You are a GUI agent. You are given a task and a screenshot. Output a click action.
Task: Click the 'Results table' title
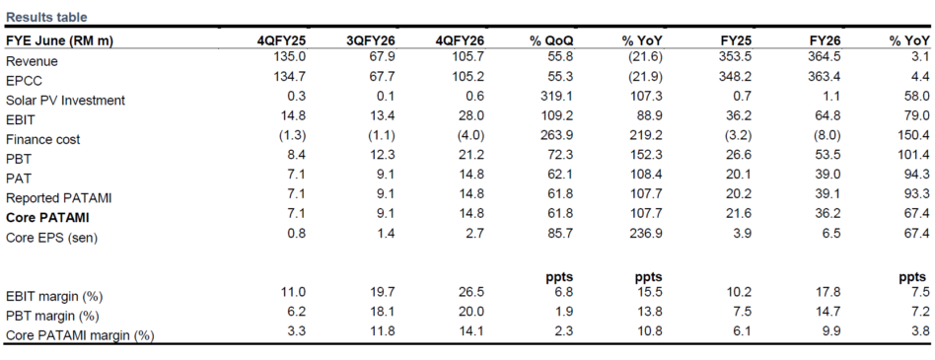(46, 18)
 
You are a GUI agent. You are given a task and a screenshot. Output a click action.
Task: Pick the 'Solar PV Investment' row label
(66, 101)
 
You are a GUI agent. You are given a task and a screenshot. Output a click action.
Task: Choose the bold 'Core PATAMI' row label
(47, 218)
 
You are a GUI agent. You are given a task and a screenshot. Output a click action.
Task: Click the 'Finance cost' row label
(43, 139)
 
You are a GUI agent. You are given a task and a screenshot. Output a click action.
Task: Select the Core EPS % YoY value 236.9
(648, 233)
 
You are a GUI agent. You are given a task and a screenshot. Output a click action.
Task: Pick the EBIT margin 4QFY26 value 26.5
(472, 293)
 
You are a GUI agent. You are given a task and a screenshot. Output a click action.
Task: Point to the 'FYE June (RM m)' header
(59, 41)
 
